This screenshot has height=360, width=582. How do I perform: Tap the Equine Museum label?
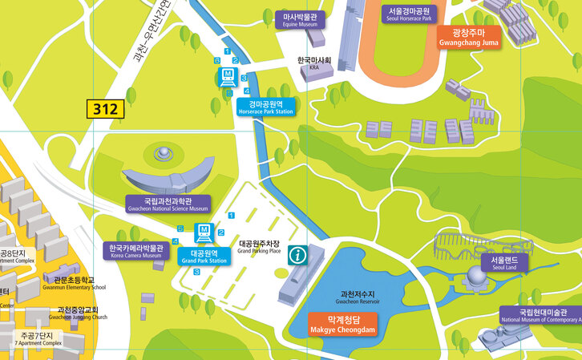297,20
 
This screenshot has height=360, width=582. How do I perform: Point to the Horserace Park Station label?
265,107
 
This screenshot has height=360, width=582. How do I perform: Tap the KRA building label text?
314,63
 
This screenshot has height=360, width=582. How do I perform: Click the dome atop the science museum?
163,152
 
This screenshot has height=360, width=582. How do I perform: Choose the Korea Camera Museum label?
135,251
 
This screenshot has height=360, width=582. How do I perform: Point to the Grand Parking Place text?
259,247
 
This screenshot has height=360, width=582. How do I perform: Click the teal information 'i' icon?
298,255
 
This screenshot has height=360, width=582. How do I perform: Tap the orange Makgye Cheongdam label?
342,324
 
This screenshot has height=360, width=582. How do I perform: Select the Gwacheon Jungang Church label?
77,313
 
